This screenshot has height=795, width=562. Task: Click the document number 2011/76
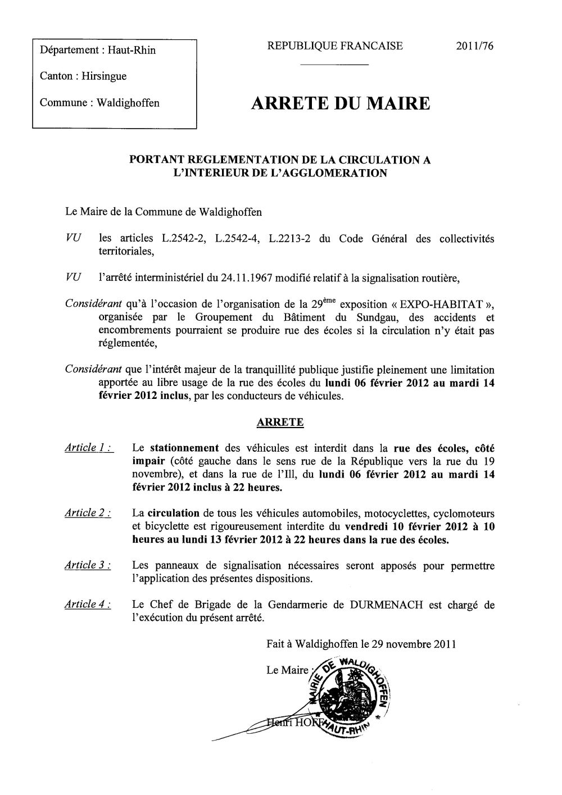pyautogui.click(x=475, y=47)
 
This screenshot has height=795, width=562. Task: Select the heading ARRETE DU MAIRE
pyautogui.click(x=340, y=104)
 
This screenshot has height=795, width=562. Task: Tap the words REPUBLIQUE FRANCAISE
pyautogui.click(x=335, y=47)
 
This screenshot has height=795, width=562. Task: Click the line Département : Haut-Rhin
pyautogui.click(x=98, y=51)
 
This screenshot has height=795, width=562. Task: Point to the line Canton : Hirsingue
pyautogui.click(x=83, y=76)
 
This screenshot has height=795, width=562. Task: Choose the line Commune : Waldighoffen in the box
pyautogui.click(x=99, y=103)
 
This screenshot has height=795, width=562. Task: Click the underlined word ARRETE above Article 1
pyautogui.click(x=280, y=423)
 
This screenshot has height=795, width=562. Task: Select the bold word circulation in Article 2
pyautogui.click(x=174, y=514)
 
